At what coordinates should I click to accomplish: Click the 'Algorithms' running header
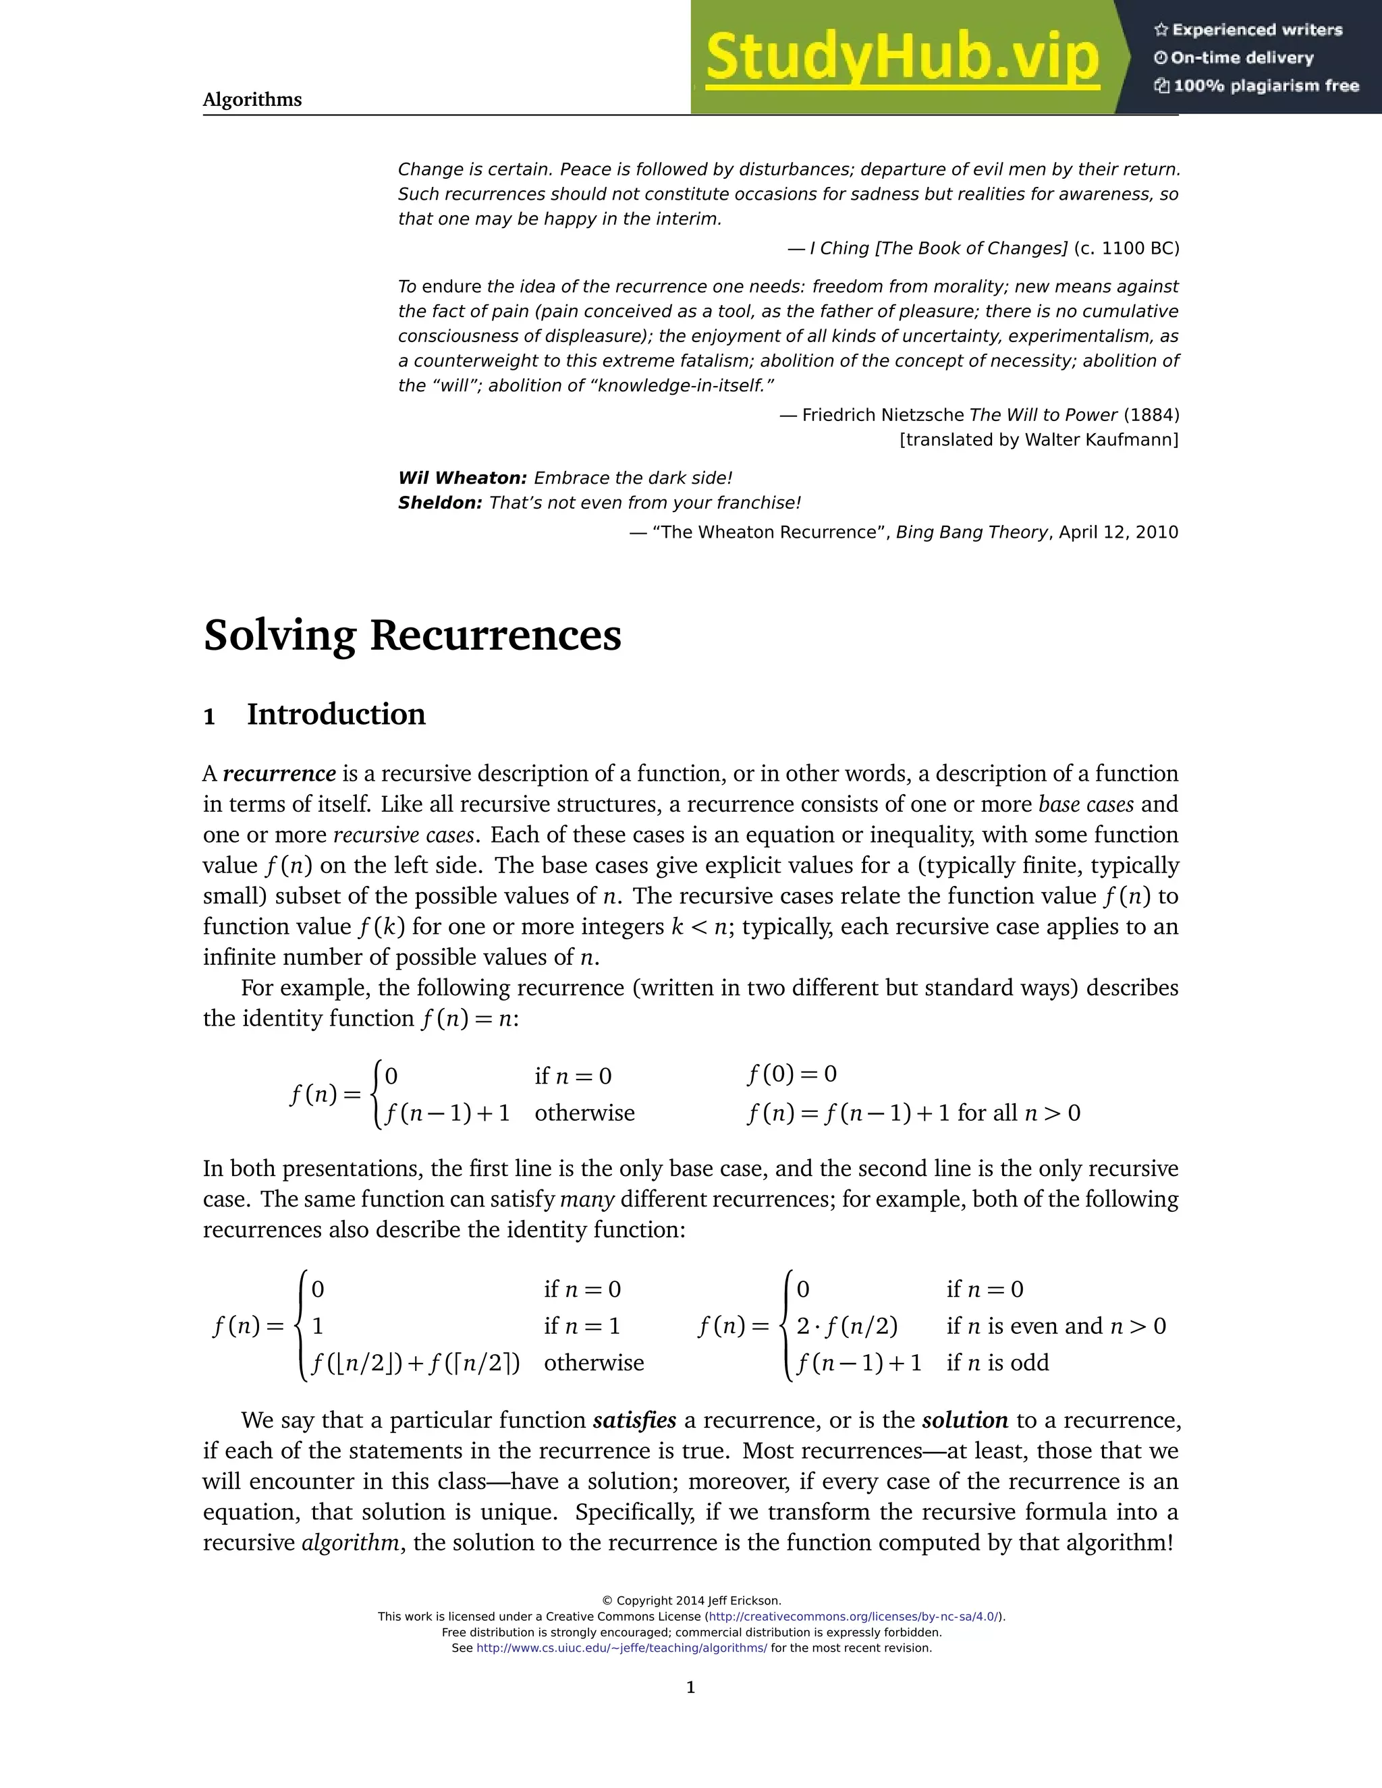[x=252, y=100]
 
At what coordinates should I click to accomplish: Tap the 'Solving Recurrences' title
[x=412, y=636]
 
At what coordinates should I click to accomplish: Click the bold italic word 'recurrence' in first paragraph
[x=279, y=774]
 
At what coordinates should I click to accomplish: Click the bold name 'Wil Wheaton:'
[x=462, y=478]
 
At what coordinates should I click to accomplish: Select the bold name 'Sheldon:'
[x=440, y=503]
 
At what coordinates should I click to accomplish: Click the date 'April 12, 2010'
[x=1118, y=532]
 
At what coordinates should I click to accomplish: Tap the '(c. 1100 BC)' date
[x=1126, y=248]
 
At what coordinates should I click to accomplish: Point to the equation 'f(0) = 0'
[x=792, y=1074]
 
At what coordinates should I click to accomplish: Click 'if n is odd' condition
[x=997, y=1363]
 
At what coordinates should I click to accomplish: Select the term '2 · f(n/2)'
[x=847, y=1326]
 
